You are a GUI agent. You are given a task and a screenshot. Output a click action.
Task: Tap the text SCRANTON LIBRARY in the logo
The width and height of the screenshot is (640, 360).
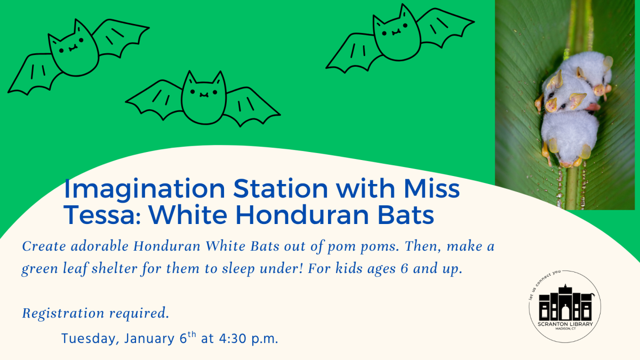pos(565,324)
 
